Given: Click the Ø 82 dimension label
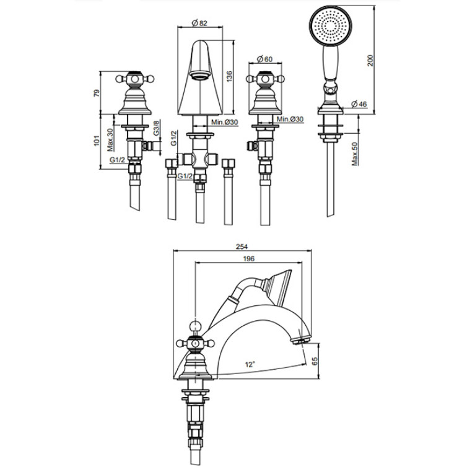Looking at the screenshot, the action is click(199, 23).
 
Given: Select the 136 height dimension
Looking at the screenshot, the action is click(229, 76).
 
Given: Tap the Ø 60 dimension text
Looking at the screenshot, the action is click(265, 59).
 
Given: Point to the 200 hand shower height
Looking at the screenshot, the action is click(370, 61).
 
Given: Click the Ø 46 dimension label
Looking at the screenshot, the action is click(359, 104).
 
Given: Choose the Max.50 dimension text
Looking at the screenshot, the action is click(355, 154).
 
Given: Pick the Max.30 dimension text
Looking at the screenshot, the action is click(110, 140).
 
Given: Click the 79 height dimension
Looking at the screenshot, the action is click(97, 93).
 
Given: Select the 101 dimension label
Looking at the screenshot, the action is click(97, 141).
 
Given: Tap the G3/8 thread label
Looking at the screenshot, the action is click(156, 128).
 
